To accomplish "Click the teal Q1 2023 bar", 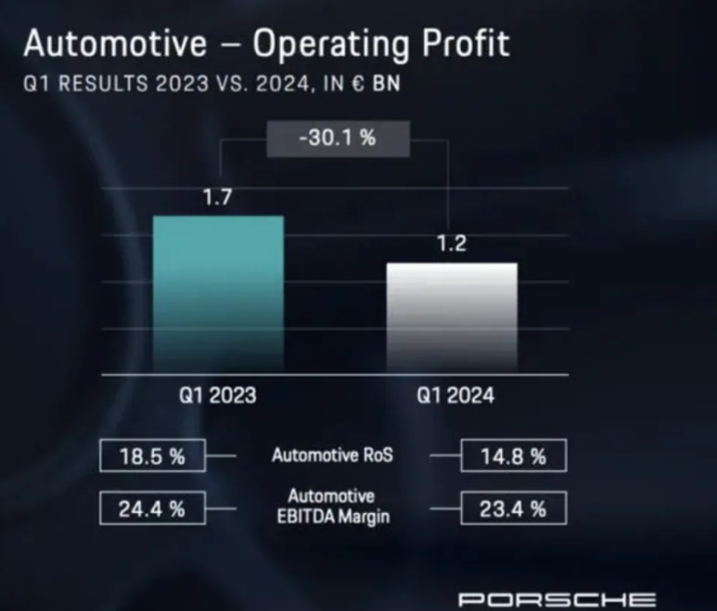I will click(218, 293).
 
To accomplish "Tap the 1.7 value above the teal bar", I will click(217, 198).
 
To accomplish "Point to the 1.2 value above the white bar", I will click(451, 245).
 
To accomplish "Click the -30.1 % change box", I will click(338, 138).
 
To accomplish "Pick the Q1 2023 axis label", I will click(218, 396).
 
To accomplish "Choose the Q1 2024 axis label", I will click(455, 396).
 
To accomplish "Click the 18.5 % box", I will click(152, 456).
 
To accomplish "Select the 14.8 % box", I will click(512, 456).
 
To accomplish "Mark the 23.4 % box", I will click(512, 509).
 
